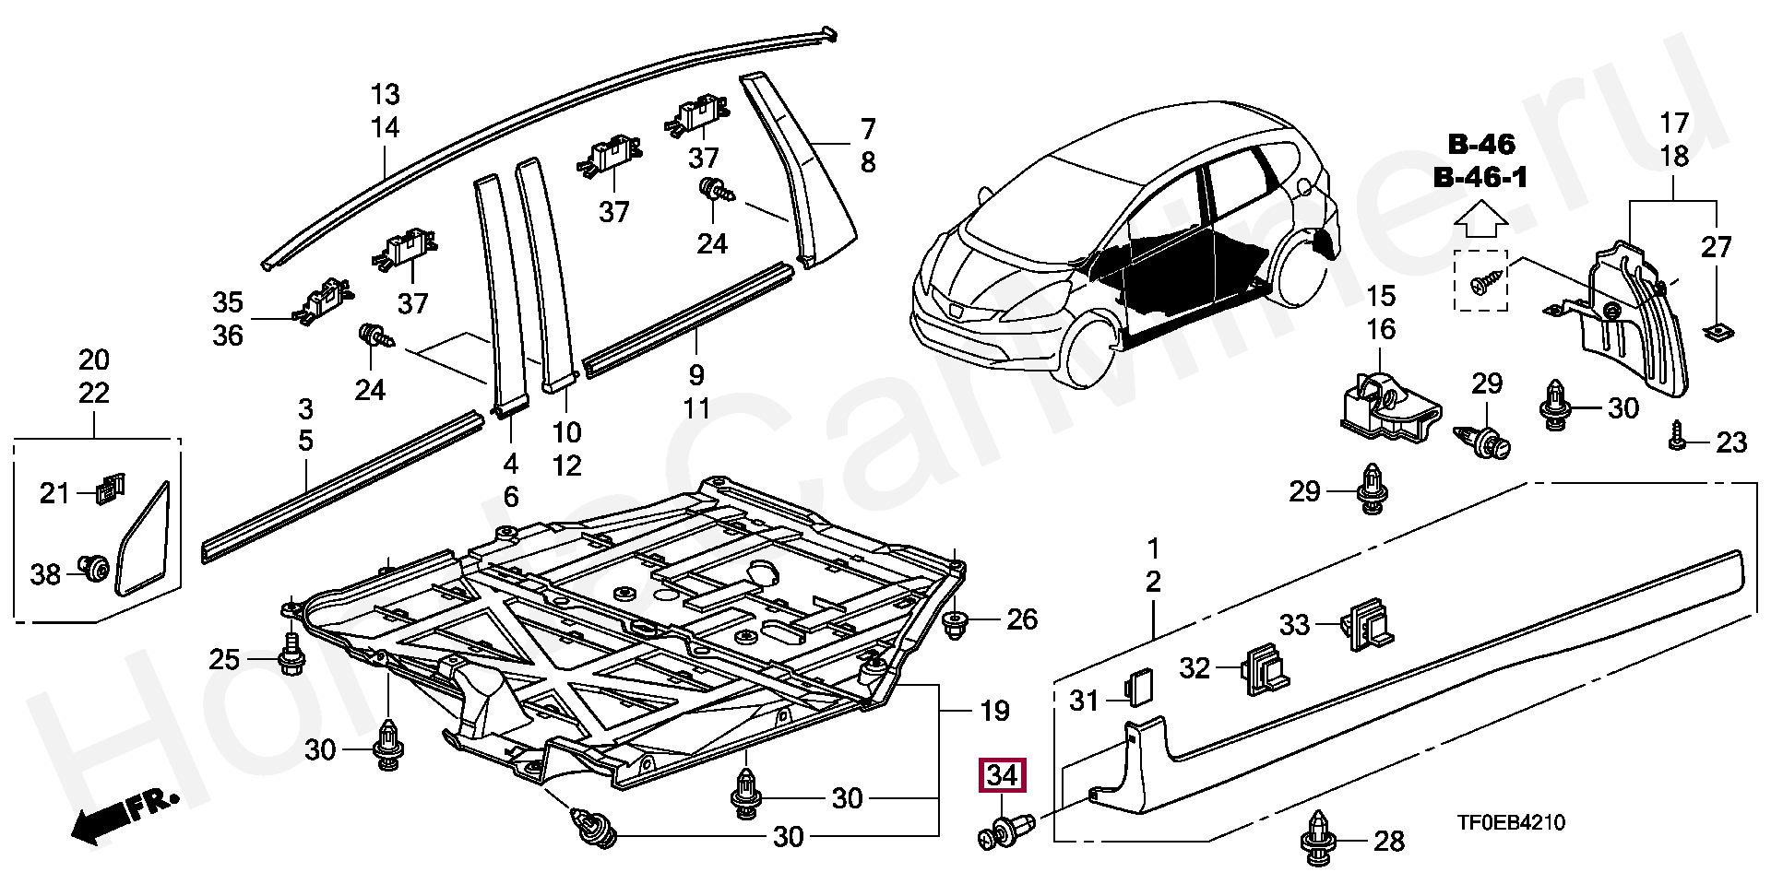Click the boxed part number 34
[1002, 776]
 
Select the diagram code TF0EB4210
[1511, 822]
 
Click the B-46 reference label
[1480, 145]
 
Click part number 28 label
[1388, 841]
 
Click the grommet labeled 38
[94, 570]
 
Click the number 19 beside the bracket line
[995, 712]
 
